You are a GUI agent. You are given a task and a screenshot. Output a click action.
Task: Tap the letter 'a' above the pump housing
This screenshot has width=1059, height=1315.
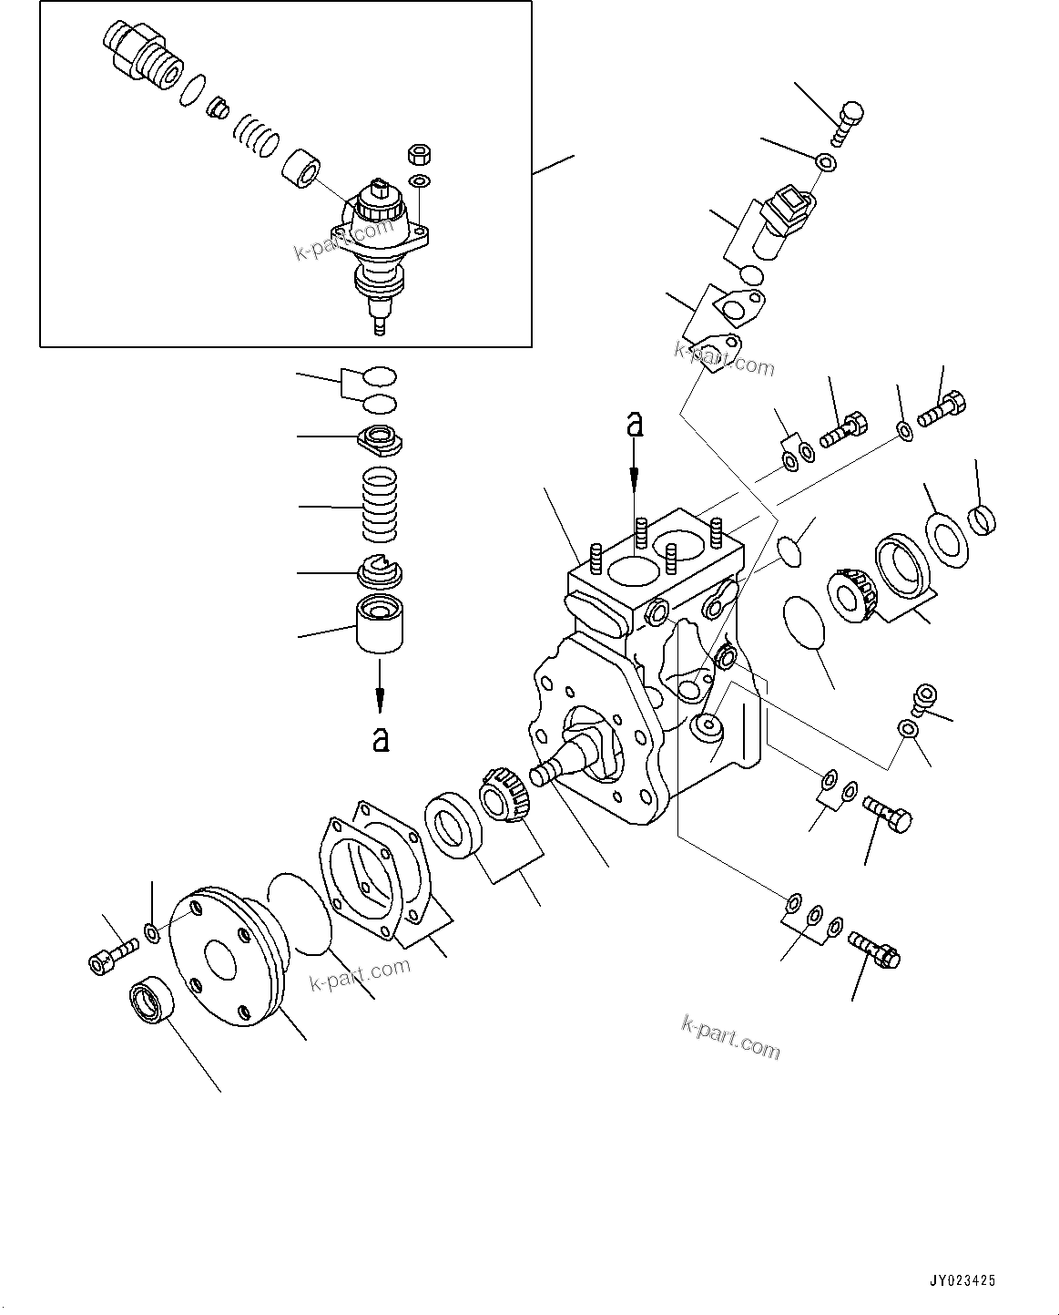[635, 425]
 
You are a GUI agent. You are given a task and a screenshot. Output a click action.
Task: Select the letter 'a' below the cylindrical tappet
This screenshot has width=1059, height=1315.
[381, 738]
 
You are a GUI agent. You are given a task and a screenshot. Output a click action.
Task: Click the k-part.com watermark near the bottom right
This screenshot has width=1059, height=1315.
[730, 1037]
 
